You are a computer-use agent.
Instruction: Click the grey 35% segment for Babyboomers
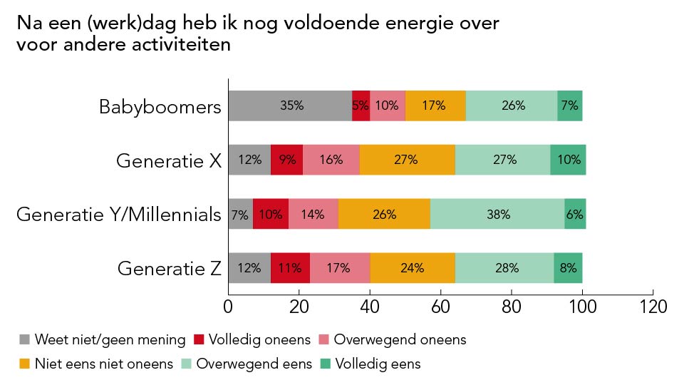click(x=290, y=106)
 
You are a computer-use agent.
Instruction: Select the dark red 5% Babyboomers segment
click(x=361, y=106)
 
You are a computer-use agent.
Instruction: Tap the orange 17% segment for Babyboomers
click(x=435, y=106)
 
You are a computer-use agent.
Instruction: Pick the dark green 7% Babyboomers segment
click(x=570, y=106)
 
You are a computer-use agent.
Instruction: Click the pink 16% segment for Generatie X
click(x=331, y=160)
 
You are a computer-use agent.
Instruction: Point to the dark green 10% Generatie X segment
click(x=568, y=160)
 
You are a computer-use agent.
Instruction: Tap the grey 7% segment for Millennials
click(x=240, y=214)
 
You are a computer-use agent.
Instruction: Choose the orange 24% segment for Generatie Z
click(x=413, y=268)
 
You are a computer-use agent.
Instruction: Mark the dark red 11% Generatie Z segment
click(x=290, y=268)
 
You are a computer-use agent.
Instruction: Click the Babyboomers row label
click(x=160, y=108)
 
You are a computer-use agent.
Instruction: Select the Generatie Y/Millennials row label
click(x=119, y=215)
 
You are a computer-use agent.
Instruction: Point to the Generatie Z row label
click(x=170, y=269)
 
